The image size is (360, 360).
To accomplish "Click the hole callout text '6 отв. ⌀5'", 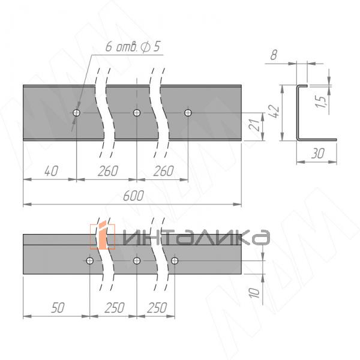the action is click(x=133, y=47).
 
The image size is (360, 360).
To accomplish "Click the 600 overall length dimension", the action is click(x=133, y=196).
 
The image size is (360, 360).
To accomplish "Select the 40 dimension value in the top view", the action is click(x=51, y=171).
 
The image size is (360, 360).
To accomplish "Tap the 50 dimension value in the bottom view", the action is click(x=58, y=308).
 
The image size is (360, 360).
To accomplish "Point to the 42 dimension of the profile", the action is click(x=275, y=112).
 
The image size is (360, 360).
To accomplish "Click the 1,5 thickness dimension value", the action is click(x=321, y=101).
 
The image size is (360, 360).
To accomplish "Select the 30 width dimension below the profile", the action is click(x=318, y=154).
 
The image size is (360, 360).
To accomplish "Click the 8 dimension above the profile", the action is click(x=274, y=55).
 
